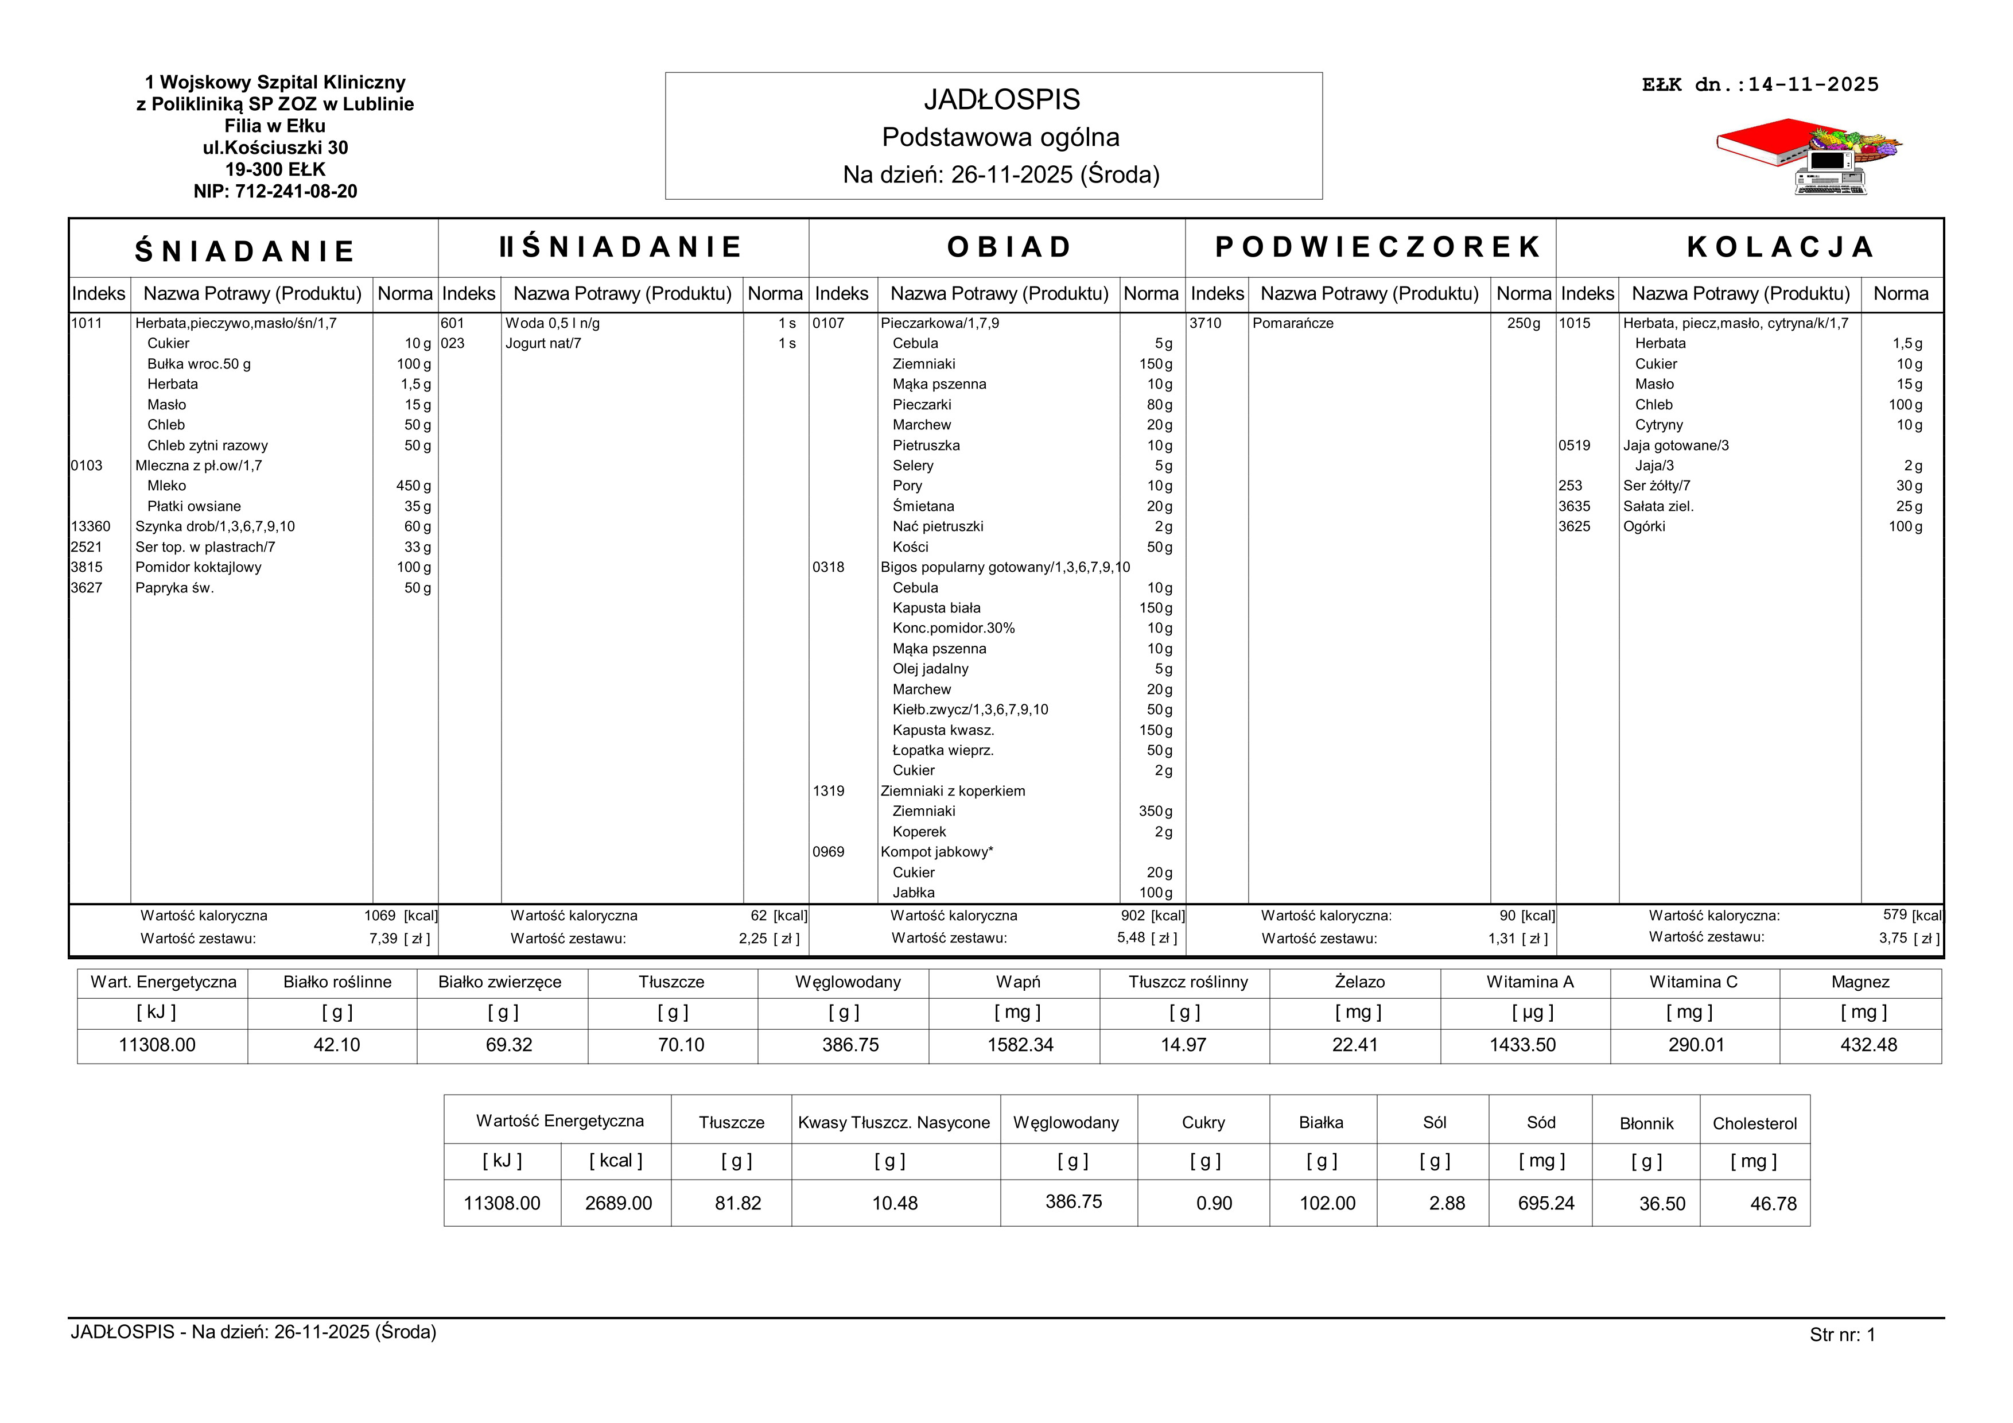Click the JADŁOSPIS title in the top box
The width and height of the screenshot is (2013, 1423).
click(1001, 100)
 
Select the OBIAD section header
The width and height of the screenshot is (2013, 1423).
click(1009, 247)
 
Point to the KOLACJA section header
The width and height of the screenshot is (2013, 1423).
click(1780, 247)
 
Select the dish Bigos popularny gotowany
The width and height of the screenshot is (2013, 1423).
click(1005, 567)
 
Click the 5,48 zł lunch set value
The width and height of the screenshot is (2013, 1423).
click(1131, 938)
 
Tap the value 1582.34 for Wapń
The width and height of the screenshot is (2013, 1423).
click(1020, 1045)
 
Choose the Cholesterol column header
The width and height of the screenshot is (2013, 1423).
click(1754, 1124)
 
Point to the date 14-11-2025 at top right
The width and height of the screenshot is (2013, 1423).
click(1813, 85)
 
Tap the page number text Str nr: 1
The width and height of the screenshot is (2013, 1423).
click(1842, 1335)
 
